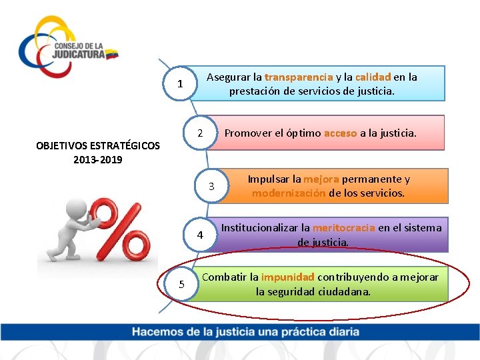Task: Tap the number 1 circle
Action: [x=179, y=84]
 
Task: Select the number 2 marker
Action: [x=199, y=133]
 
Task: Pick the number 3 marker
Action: [x=211, y=187]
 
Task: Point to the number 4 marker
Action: [x=200, y=235]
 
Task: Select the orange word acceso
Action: [x=340, y=133]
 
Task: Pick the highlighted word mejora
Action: [x=321, y=179]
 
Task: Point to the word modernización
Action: [x=289, y=193]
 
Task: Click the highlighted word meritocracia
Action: [x=343, y=228]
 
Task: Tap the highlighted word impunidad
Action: [x=287, y=277]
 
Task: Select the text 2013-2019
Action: [x=98, y=159]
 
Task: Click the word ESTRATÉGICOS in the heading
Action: [x=122, y=145]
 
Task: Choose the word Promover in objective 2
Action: [x=246, y=133]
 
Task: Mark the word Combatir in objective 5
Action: [x=224, y=277]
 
